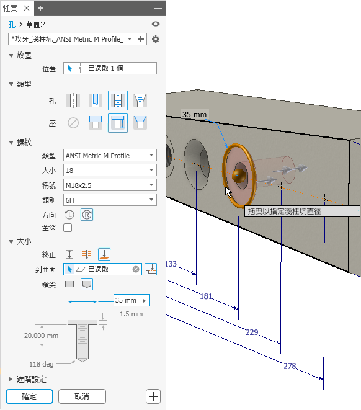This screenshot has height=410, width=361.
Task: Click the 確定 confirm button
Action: coord(29,396)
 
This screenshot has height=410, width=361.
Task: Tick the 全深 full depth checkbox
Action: coord(68,228)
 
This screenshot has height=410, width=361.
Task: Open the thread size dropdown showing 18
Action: coord(110,170)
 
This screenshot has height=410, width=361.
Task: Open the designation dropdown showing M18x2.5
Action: coord(110,185)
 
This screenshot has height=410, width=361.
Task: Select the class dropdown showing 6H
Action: coord(110,200)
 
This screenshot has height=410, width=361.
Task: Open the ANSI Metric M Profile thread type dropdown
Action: coord(110,155)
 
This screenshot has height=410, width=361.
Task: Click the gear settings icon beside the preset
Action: coord(156,39)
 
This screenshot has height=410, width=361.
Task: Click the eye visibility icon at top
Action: coord(156,24)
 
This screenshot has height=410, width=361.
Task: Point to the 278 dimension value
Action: coord(290,366)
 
